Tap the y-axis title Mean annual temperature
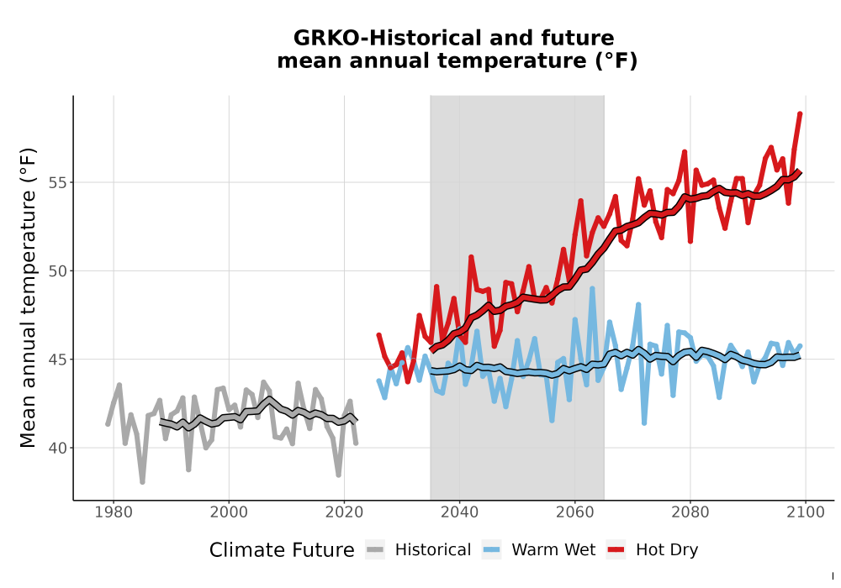(28, 297)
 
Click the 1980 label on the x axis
(114, 512)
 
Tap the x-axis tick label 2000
(229, 512)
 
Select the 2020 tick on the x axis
(344, 512)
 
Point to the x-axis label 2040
(460, 512)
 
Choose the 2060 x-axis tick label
(575, 512)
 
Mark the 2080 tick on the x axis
(690, 512)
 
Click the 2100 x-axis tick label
(806, 512)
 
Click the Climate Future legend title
(282, 550)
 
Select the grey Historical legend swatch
(375, 550)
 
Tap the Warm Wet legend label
(553, 550)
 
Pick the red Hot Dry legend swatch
(616, 550)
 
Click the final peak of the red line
(800, 114)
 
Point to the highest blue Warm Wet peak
(592, 289)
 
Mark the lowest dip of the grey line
(142, 482)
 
